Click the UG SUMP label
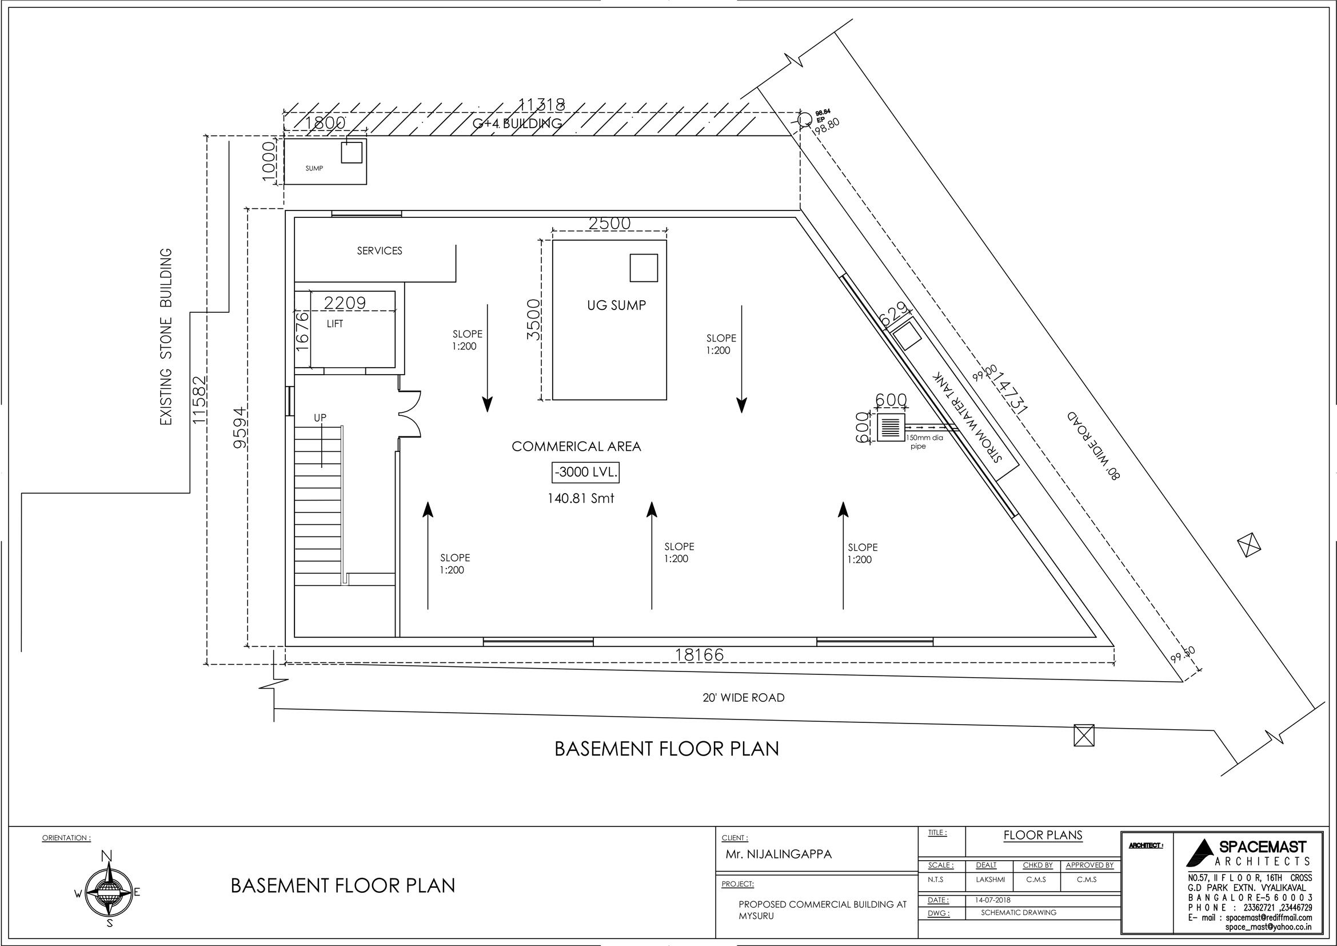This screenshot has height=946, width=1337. pyautogui.click(x=616, y=305)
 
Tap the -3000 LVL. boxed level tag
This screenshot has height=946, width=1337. pyautogui.click(x=585, y=472)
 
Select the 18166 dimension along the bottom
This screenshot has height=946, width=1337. pyautogui.click(x=699, y=655)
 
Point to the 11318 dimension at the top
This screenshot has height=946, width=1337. pyautogui.click(x=541, y=105)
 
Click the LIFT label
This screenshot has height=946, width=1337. pyautogui.click(x=335, y=324)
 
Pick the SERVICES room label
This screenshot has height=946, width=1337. pyautogui.click(x=380, y=251)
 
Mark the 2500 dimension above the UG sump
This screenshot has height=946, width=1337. pyautogui.click(x=609, y=224)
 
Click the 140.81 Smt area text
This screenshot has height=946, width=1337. pyautogui.click(x=581, y=499)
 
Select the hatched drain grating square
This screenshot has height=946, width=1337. pyautogui.click(x=891, y=428)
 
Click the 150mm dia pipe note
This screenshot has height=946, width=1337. pyautogui.click(x=924, y=442)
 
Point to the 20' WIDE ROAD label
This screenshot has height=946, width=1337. pyautogui.click(x=744, y=698)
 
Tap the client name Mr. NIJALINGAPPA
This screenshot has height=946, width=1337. pyautogui.click(x=779, y=854)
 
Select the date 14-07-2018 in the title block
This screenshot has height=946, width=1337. pyautogui.click(x=992, y=900)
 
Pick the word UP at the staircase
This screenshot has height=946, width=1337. pyautogui.click(x=320, y=418)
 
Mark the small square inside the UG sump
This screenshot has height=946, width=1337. pyautogui.click(x=644, y=268)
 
